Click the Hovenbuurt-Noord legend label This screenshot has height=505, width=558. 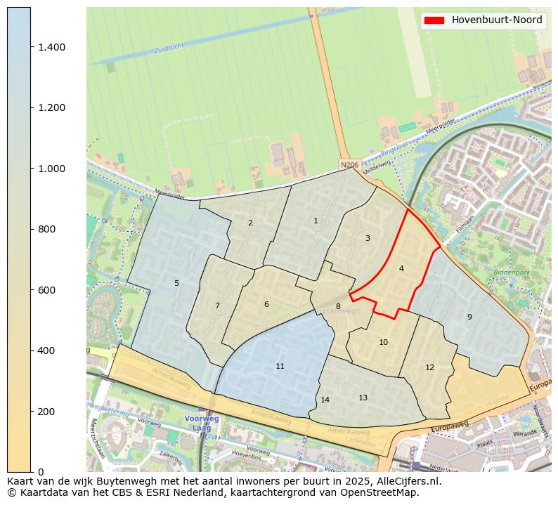point(497,20)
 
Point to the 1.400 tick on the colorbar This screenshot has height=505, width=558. point(52,47)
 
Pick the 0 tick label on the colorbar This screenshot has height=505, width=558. point(41,471)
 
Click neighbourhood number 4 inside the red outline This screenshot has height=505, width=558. point(401,268)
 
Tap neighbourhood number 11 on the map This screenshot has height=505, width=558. point(280,366)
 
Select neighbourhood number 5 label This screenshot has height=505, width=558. point(176,283)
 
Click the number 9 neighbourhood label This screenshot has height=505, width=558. point(469,317)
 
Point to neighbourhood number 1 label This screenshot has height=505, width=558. point(316,221)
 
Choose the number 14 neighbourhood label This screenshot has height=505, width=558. point(325,400)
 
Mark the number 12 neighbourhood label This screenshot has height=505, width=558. point(429,367)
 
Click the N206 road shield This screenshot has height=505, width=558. point(349,165)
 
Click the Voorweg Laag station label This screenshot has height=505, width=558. point(202,423)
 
